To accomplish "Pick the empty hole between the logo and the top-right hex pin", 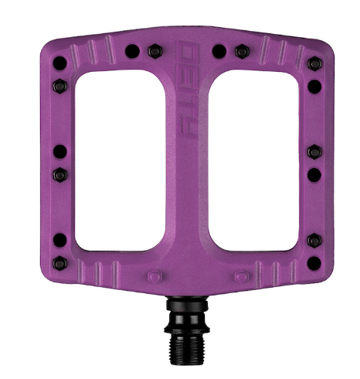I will click(219, 51).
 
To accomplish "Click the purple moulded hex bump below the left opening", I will click(154, 274).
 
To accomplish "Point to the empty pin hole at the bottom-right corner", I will click(314, 241).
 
